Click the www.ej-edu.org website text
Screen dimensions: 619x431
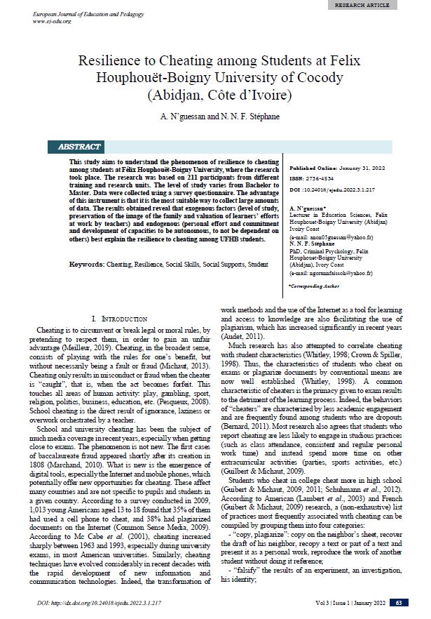pos(52,21)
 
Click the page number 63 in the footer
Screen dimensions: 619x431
pos(399,603)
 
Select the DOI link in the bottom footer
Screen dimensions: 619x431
pos(97,603)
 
